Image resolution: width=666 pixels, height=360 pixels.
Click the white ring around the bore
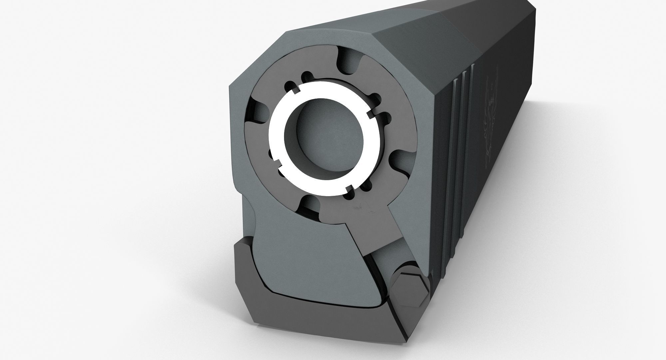point(276,140)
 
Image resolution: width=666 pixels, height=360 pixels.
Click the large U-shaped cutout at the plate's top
point(350,62)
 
